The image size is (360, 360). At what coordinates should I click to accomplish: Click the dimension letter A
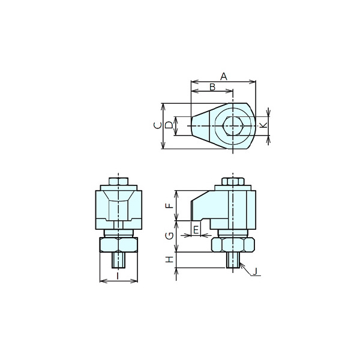(224, 77)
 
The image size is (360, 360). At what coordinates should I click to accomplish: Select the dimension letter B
(212, 87)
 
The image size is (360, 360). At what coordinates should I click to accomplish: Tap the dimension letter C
(157, 125)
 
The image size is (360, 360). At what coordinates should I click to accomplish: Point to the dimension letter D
(169, 125)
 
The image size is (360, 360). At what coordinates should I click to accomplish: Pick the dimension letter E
(196, 230)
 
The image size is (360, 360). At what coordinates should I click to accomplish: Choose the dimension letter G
(170, 236)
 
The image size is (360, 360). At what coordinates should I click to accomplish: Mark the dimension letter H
(170, 260)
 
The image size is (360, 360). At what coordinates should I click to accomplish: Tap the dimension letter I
(118, 276)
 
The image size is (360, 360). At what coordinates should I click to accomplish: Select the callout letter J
(255, 272)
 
